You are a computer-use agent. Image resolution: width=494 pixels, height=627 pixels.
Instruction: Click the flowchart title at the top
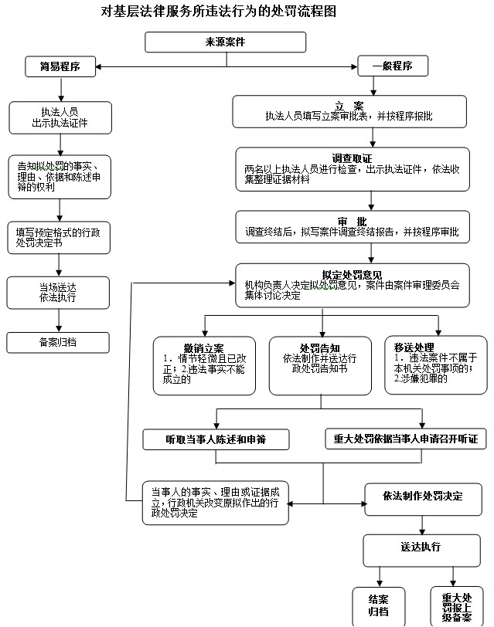(x=218, y=11)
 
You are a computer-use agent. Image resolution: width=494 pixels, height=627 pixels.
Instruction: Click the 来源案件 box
(x=226, y=42)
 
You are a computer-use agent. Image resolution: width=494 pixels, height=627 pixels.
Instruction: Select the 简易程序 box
(x=60, y=66)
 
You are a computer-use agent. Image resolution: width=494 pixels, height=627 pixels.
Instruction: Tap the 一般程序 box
(x=393, y=66)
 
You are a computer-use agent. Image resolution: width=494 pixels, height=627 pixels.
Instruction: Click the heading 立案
(x=349, y=106)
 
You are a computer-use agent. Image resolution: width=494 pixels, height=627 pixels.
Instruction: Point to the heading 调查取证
(x=352, y=158)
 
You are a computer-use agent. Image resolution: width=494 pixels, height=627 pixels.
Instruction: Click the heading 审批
(x=352, y=222)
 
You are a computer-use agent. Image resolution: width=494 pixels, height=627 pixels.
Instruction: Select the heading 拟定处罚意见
(x=352, y=275)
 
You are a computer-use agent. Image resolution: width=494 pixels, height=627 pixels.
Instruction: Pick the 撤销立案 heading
(x=204, y=348)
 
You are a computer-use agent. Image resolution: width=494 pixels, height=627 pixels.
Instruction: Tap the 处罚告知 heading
(x=320, y=348)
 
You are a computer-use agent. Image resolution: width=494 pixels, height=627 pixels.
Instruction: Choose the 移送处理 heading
(x=414, y=347)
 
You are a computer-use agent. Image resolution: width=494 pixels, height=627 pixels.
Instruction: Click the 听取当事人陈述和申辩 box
(x=216, y=439)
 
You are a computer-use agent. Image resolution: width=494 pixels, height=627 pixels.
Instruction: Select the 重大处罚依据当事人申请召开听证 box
(x=406, y=439)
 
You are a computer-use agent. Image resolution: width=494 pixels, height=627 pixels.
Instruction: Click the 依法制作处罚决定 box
(x=423, y=500)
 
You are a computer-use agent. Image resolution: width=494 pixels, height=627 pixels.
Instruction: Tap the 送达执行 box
(x=421, y=551)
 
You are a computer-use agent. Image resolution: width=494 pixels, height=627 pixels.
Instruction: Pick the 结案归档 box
(x=379, y=606)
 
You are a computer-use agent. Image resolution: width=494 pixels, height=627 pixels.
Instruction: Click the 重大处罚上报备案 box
(x=457, y=606)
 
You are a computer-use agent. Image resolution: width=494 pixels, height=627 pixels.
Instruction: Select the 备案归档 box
(x=58, y=343)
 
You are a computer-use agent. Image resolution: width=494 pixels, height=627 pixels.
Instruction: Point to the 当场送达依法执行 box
(x=58, y=293)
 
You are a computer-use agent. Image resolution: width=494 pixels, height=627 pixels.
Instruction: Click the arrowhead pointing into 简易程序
(x=98, y=66)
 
